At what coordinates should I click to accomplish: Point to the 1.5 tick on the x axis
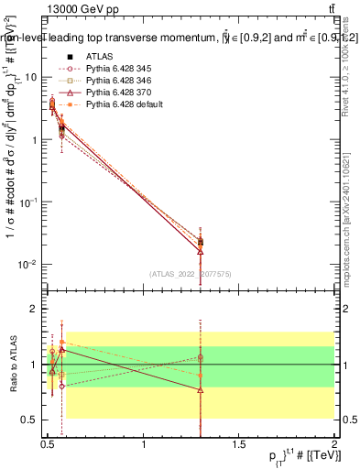click(239, 444)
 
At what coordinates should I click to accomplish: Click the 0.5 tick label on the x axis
click(49, 444)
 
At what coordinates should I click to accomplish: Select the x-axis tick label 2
click(333, 444)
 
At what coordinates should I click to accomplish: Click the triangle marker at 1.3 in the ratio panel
click(201, 390)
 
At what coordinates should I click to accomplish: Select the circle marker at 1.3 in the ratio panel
click(201, 357)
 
